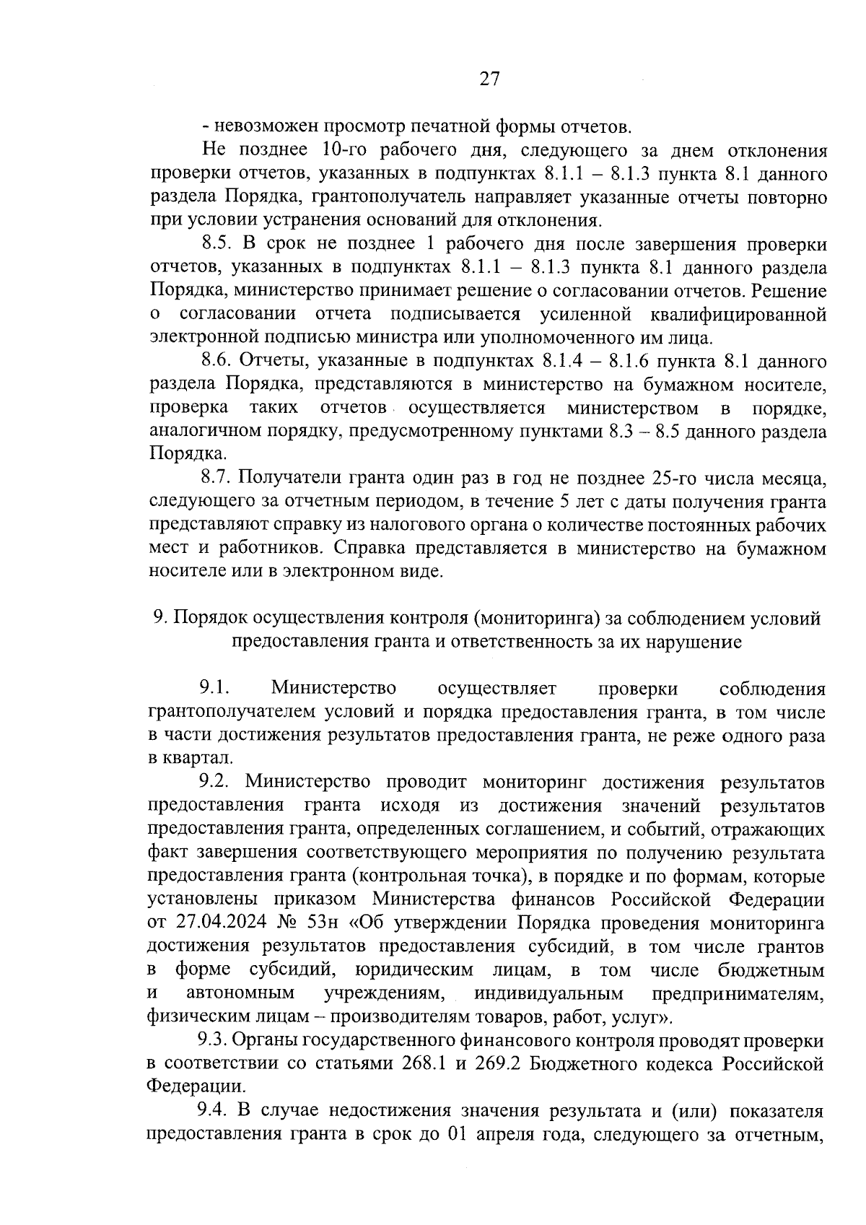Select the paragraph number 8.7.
216,478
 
